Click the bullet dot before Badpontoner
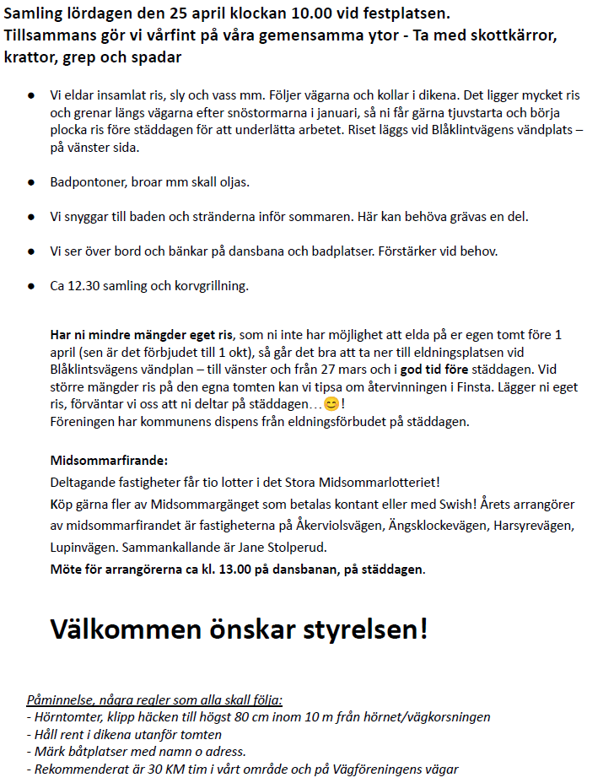(31, 181)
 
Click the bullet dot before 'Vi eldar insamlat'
(31, 94)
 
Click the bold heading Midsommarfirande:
(109, 462)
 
